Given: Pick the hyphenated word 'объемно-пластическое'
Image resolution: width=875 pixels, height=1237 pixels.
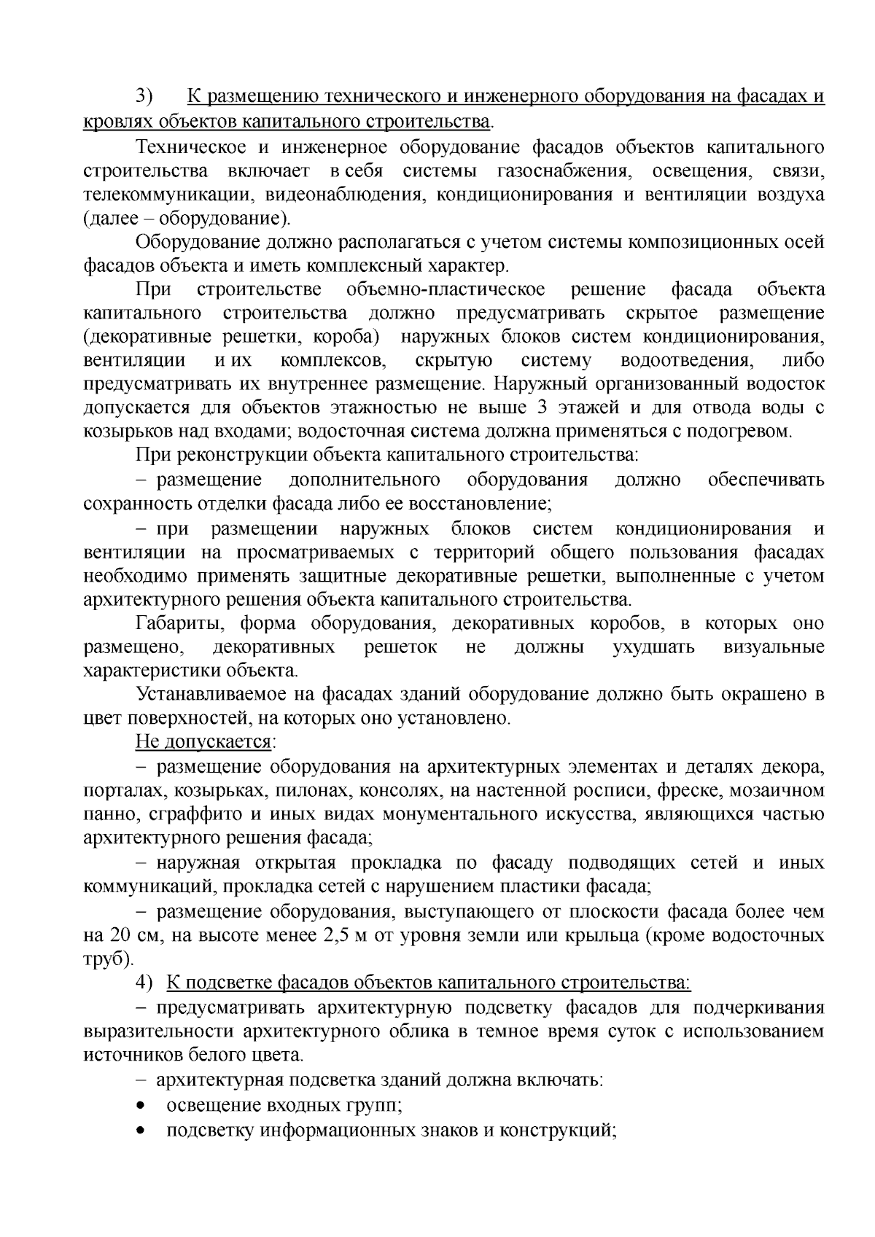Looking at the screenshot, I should (x=447, y=289).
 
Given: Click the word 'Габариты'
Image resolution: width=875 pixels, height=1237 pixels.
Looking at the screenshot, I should (x=175, y=623).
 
